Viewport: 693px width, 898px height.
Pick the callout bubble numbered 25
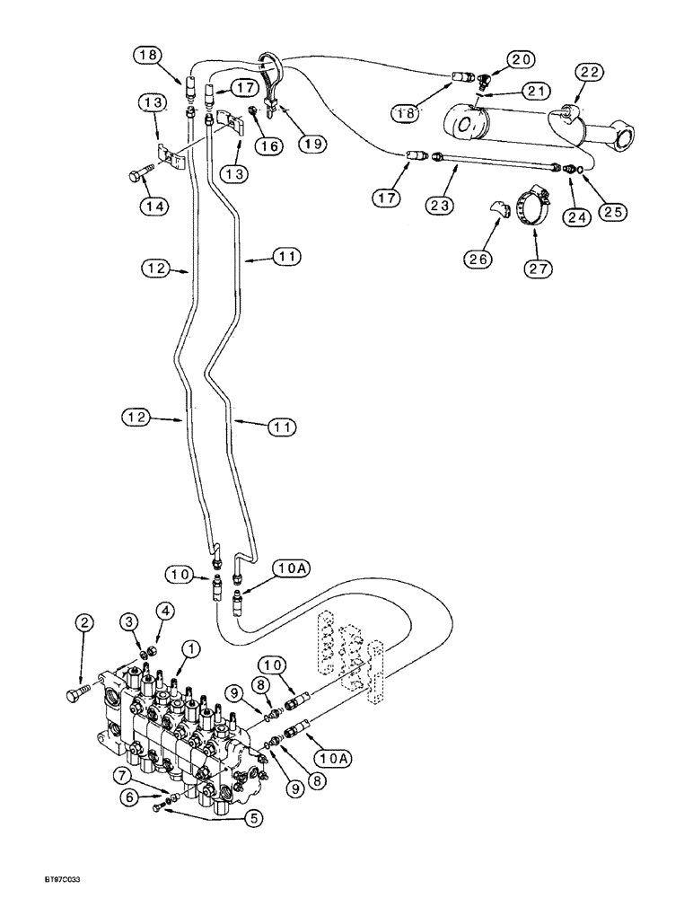(x=614, y=212)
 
